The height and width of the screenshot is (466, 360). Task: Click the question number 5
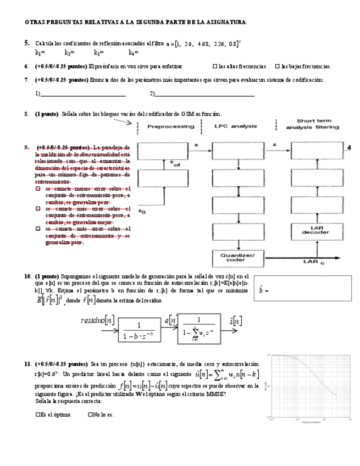(27, 42)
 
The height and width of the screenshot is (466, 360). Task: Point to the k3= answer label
(99, 53)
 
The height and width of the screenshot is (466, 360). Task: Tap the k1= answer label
(40, 53)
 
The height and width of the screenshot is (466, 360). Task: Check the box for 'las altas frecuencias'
(214, 66)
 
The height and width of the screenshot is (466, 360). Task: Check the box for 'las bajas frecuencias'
(277, 66)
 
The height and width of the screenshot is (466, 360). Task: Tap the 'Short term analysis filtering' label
(313, 124)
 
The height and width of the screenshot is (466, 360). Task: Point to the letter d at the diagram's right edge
(349, 147)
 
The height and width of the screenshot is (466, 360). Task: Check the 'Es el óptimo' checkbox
(38, 415)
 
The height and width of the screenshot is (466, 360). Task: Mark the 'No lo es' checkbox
(90, 415)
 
